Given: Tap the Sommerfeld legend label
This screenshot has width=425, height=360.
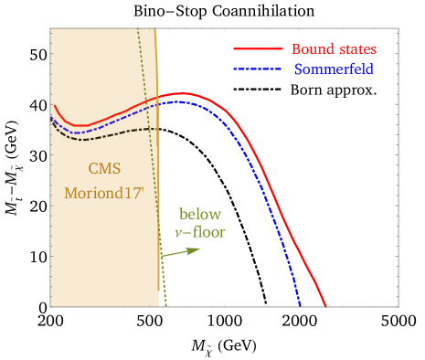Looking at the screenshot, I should point(334,69).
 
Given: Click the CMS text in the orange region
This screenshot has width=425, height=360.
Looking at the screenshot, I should point(103,169).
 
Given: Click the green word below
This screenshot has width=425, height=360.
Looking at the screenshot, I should point(199,215).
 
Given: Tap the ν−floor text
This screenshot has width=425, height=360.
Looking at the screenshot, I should point(199,233).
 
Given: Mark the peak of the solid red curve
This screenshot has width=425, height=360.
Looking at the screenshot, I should point(183,93).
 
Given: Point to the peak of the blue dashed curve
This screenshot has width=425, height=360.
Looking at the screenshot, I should point(179,101).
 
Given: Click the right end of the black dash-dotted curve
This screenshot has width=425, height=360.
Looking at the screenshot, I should point(157,129).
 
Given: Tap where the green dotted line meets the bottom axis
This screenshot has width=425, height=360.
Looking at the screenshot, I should point(166,306).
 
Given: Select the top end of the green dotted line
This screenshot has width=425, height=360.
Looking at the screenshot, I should point(137,29).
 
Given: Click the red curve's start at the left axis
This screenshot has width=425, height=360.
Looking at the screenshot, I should point(52,105).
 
